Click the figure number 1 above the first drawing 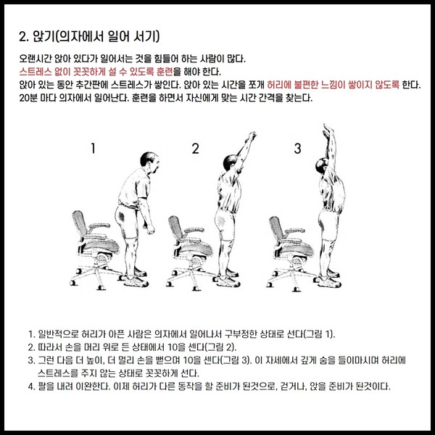tap(94, 148)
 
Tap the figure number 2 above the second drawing tap(196, 149)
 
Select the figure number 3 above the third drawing tap(298, 149)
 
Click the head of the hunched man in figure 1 tap(149, 163)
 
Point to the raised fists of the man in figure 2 tap(251, 137)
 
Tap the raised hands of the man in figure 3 tap(328, 130)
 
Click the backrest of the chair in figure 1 tap(80, 223)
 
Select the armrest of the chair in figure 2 tap(194, 231)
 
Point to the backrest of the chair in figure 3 tap(277, 228)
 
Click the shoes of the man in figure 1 tap(136, 278)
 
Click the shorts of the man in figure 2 tap(225, 224)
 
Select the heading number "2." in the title tap(24, 37)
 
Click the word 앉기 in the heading tap(43, 36)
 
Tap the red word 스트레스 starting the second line tap(36, 72)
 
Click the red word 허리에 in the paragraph tap(278, 85)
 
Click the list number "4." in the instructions tap(31, 386)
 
